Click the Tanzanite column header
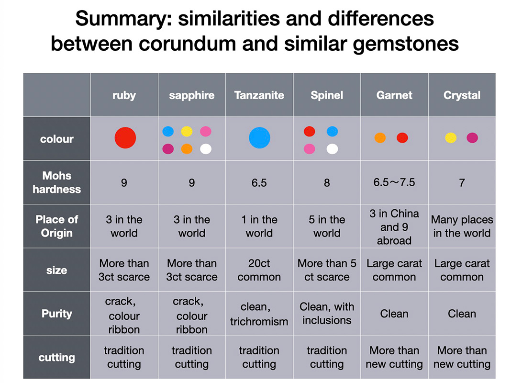(259, 95)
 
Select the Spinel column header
(327, 95)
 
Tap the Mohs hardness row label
(56, 182)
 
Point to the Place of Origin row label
(56, 226)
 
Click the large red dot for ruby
(125, 138)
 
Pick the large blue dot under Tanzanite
(259, 138)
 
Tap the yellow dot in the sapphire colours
(187, 131)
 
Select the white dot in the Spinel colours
(332, 149)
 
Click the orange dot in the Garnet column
(380, 138)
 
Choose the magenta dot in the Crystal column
(472, 138)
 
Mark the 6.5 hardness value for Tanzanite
(259, 183)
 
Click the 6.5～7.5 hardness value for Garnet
(394, 182)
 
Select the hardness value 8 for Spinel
(327, 183)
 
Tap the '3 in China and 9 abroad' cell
(394, 226)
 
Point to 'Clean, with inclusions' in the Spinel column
(327, 314)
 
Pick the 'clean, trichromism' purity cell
(259, 314)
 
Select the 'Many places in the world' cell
(462, 226)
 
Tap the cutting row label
(56, 358)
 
